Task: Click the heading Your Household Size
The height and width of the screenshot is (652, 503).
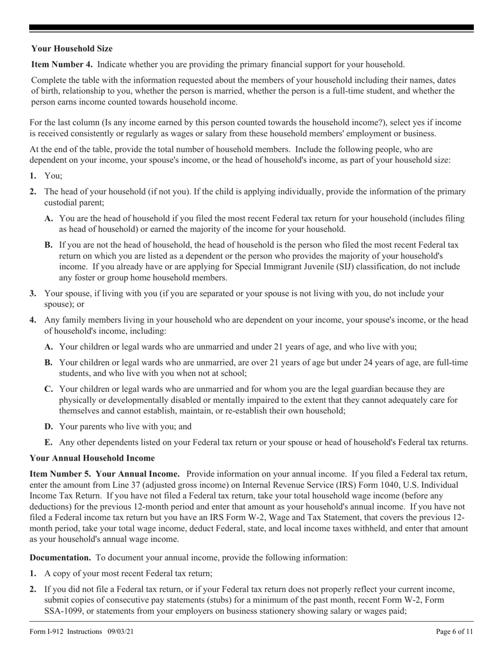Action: pyautogui.click(x=71, y=48)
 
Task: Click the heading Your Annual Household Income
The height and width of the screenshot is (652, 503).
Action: pyautogui.click(x=92, y=457)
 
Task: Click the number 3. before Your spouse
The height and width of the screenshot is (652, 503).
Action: pyautogui.click(x=33, y=293)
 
